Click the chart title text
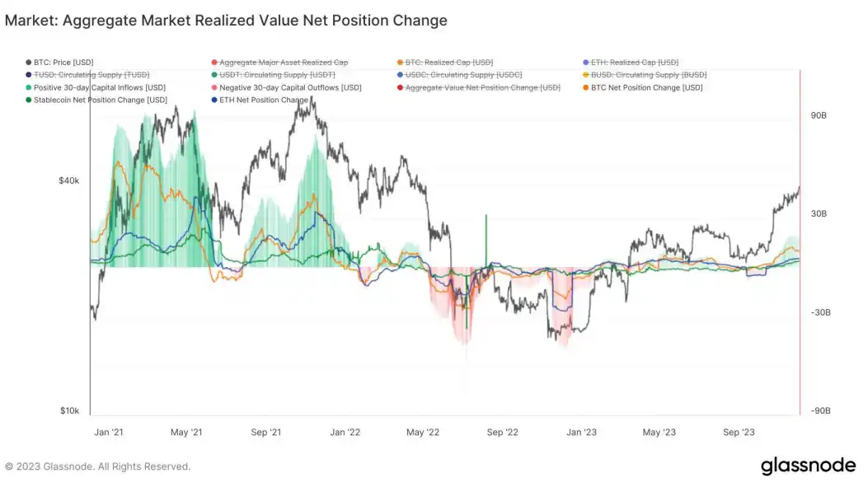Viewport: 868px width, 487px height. [226, 21]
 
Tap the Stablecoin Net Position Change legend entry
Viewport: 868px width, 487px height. [100, 101]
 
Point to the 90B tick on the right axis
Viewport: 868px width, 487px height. [819, 115]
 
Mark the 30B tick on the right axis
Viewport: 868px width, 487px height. [819, 214]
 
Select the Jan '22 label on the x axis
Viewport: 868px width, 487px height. [345, 432]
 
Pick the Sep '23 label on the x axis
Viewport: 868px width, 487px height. [739, 432]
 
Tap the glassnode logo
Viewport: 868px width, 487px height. [807, 466]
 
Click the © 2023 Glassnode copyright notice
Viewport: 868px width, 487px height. [97, 466]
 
